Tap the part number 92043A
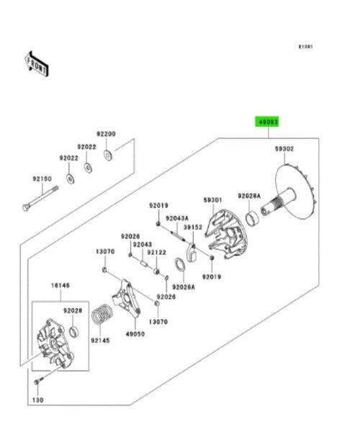[176, 218]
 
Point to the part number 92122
[157, 253]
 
